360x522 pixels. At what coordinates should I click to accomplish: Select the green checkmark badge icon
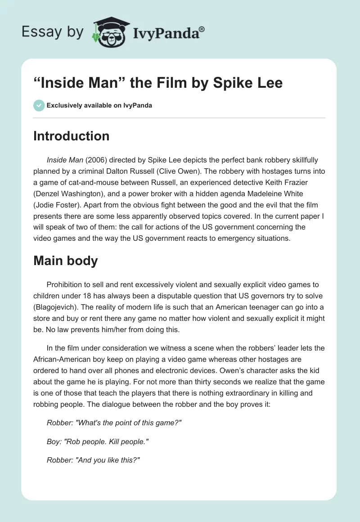tap(39, 105)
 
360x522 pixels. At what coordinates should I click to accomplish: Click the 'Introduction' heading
tap(71, 136)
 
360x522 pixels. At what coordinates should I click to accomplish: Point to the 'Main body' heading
tap(65, 261)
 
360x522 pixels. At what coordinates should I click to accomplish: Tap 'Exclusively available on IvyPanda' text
tap(99, 106)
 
